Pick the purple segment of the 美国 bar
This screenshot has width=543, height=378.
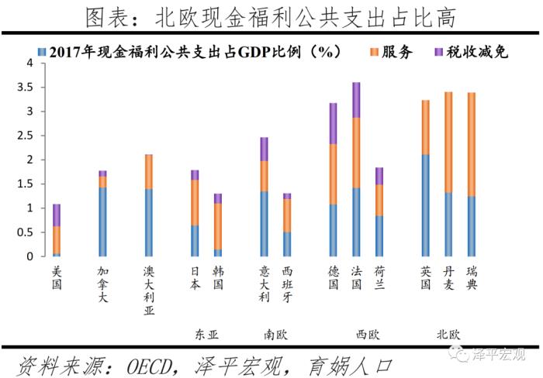57,215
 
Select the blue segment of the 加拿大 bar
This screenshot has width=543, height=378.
102,222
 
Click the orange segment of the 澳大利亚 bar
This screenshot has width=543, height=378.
149,172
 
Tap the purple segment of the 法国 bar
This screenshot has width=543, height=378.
356,100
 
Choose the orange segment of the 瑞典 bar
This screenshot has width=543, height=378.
472,144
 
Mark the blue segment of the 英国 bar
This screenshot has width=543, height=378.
425,205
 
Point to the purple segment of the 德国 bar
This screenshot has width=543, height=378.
333,123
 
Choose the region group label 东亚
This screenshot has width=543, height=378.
206,335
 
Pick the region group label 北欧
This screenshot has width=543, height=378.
448,335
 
